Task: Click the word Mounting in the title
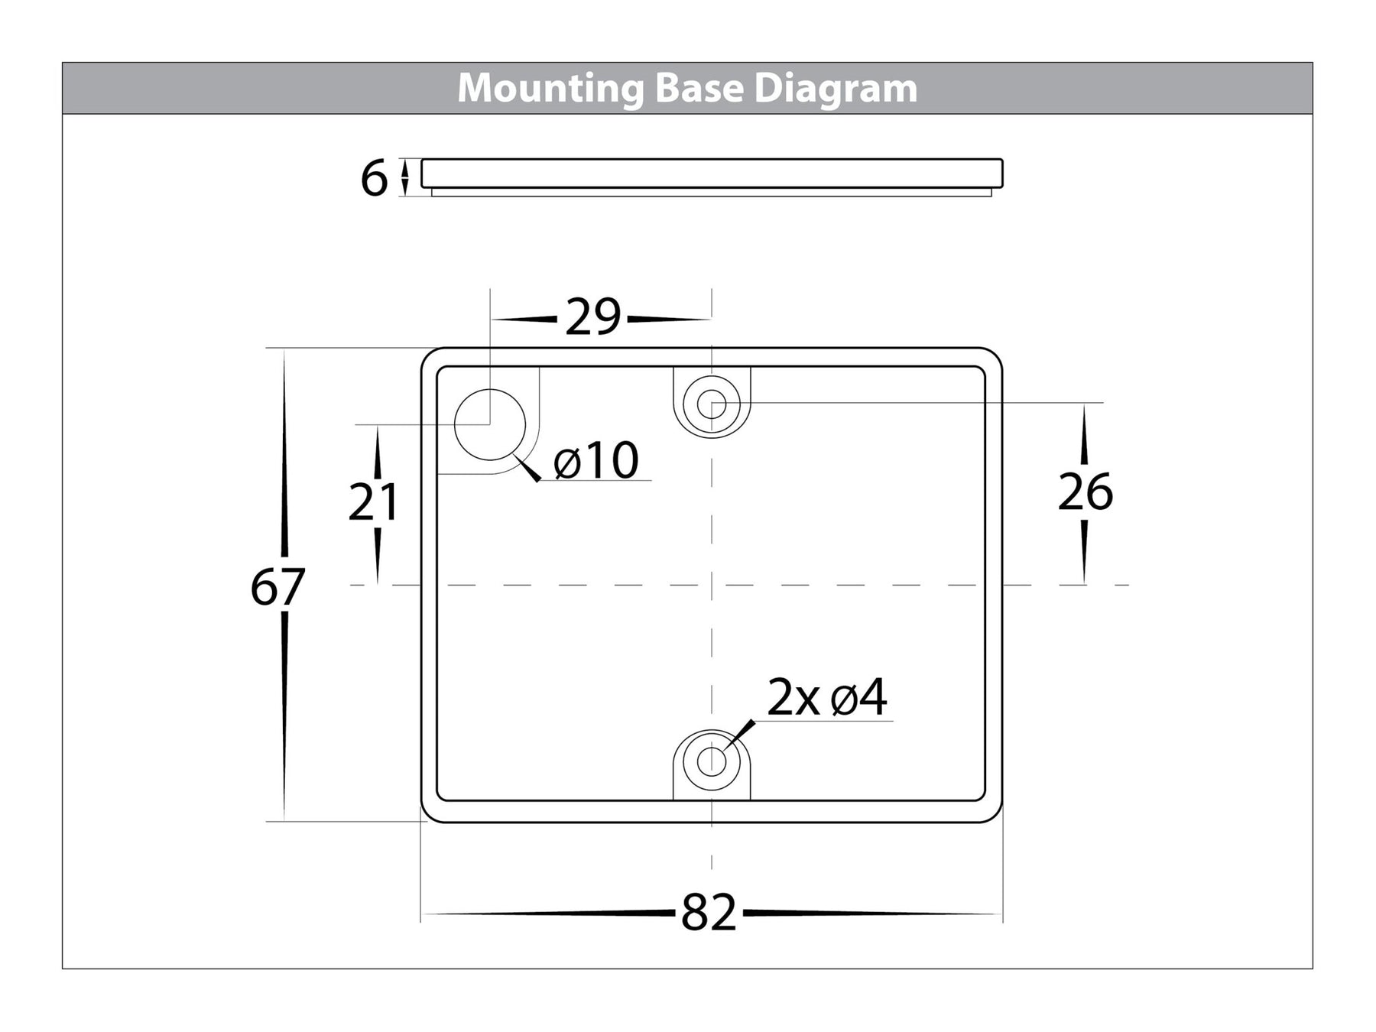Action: point(550,89)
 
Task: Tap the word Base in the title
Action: point(698,89)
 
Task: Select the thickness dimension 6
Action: point(375,179)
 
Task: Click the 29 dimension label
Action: point(593,318)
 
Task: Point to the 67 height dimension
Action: point(277,587)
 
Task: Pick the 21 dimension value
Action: point(374,502)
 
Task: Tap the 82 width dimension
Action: point(709,913)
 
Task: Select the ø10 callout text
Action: point(596,461)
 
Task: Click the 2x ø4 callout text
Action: point(827,698)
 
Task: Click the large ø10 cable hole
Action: point(490,424)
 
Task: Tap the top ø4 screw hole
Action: point(712,404)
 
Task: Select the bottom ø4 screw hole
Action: point(712,761)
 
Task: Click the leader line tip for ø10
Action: point(518,457)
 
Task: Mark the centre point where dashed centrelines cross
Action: point(712,585)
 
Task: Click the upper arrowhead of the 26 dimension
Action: point(1084,417)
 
